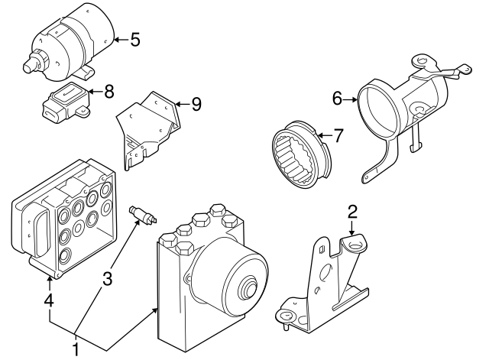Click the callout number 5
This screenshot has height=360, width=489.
click(135, 39)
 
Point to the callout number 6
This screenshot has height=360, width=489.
click(337, 99)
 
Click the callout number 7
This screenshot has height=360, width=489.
click(338, 136)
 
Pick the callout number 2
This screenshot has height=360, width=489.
click(352, 211)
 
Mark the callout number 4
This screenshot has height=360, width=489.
click(49, 302)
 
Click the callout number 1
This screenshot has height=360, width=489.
click(76, 350)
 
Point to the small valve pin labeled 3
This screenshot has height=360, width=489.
click(143, 214)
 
